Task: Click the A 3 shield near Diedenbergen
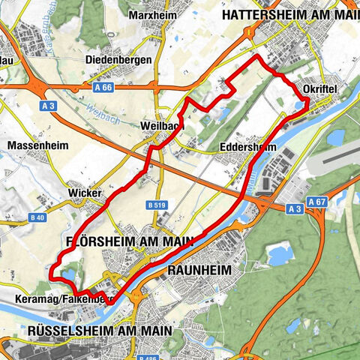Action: point(49,106)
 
